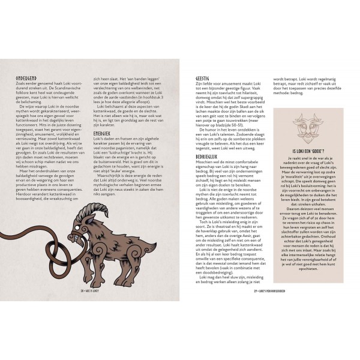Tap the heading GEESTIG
coord(204,78)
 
